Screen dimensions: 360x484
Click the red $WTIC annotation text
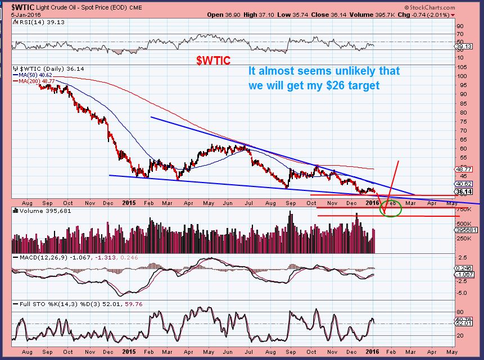click(x=212, y=61)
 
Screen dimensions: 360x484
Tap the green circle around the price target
click(x=391, y=209)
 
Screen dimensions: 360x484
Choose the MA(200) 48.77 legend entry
click(x=35, y=80)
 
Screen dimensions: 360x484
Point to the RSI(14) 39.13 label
click(x=32, y=22)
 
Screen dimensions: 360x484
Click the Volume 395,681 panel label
click(x=37, y=212)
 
